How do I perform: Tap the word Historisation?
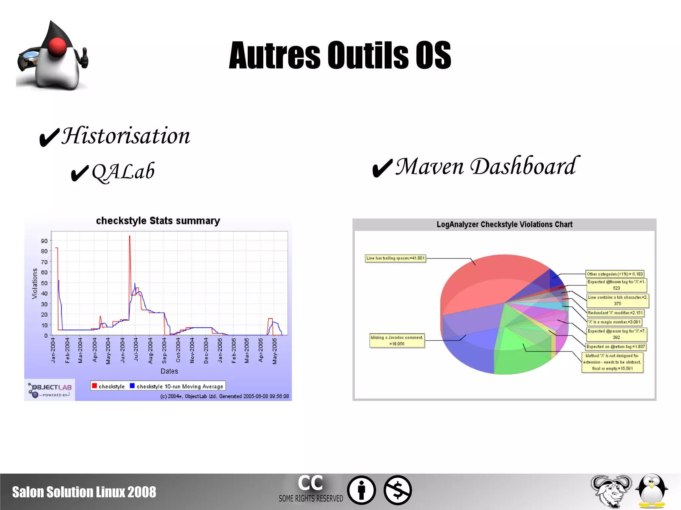[126, 136]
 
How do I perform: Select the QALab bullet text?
[123, 172]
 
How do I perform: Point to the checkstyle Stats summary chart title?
[158, 221]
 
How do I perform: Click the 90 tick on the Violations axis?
[44, 241]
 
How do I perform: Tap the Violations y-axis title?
[35, 283]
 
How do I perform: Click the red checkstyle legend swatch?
[94, 386]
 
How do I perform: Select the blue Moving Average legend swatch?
[132, 386]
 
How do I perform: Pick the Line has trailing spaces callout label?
[395, 258]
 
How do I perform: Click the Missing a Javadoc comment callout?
[397, 341]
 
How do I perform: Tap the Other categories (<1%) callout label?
[615, 274]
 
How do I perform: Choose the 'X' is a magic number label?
[614, 322]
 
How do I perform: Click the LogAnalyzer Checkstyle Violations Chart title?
[504, 225]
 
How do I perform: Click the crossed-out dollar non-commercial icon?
[398, 490]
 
